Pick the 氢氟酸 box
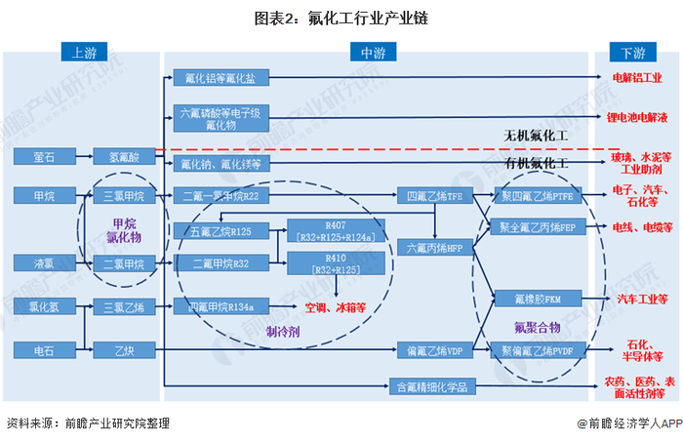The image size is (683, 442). point(122,156)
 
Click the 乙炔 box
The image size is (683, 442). point(122,347)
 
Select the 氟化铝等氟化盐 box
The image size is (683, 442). point(221,76)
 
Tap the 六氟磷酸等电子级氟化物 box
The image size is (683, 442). point(221,118)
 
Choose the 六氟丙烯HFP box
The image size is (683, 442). point(434,248)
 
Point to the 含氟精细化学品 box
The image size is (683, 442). point(434,386)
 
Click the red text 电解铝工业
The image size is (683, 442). point(635,76)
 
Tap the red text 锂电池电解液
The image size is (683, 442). point(635,118)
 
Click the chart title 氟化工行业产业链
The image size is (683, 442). point(341,18)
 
